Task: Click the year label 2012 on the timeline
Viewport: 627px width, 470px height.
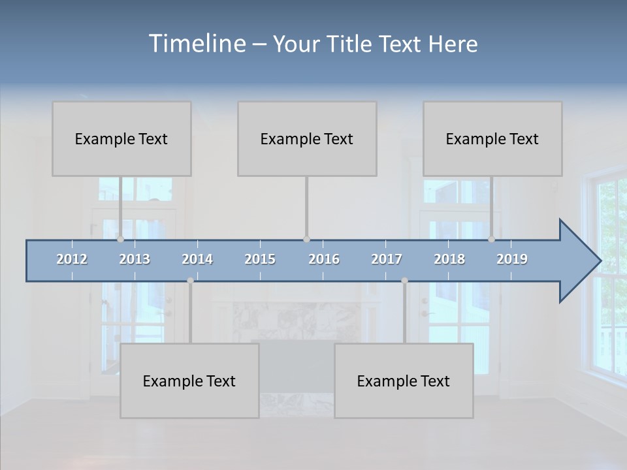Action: (72, 259)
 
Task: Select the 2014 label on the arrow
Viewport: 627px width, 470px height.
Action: (197, 259)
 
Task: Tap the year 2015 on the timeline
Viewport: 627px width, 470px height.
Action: (260, 259)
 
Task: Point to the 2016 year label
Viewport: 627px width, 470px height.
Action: (324, 259)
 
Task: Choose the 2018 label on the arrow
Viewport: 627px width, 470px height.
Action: (449, 259)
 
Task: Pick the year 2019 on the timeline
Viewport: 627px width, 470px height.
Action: (512, 259)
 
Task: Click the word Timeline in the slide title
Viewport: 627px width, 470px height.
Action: (196, 44)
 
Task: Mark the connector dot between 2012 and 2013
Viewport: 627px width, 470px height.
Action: (120, 240)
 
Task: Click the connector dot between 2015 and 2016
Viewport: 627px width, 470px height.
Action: (306, 240)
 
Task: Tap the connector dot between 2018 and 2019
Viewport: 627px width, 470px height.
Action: (491, 240)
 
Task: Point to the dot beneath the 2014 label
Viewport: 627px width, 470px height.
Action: (190, 281)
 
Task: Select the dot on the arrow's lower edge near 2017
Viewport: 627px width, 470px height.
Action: (404, 281)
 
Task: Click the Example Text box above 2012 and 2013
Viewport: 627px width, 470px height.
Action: (121, 138)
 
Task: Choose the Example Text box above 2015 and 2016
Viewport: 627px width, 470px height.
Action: (307, 138)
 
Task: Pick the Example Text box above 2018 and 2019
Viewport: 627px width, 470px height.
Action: (492, 138)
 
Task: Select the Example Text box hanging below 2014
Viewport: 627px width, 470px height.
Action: (189, 381)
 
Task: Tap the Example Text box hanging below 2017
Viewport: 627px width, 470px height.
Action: (404, 381)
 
